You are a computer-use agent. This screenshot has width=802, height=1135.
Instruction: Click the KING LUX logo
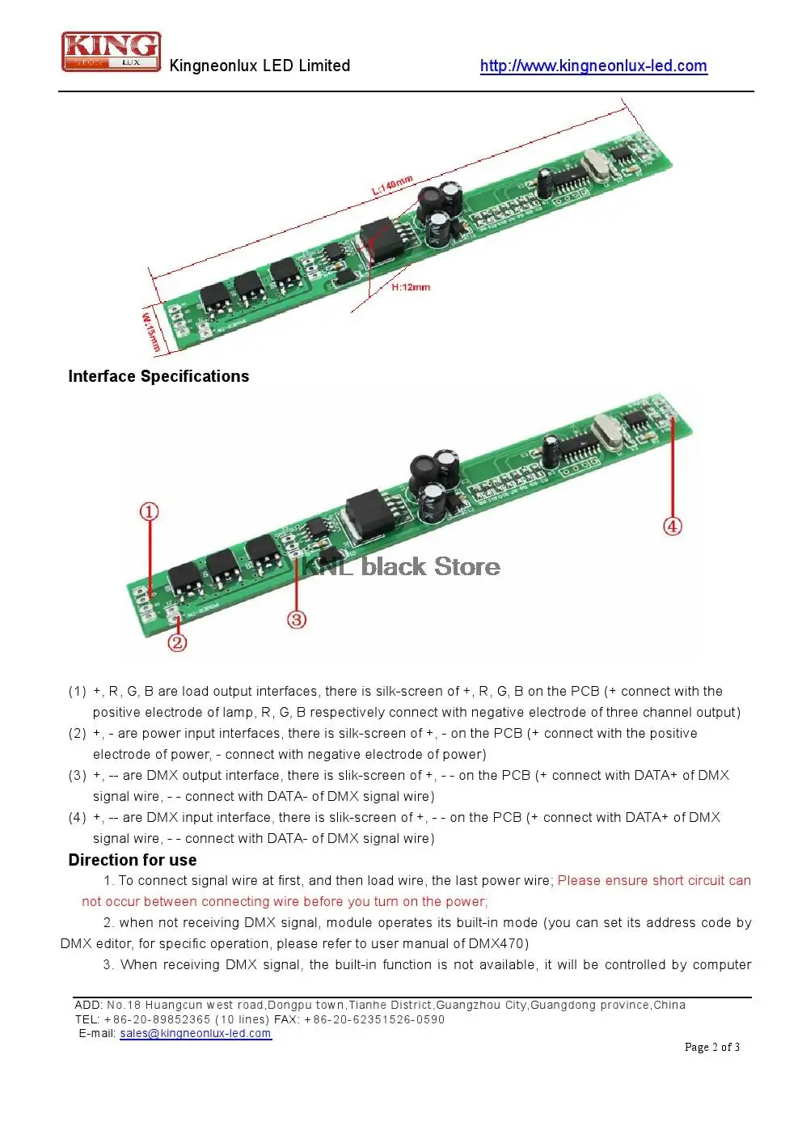[x=111, y=52]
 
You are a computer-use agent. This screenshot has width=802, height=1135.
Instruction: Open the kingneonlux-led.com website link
[x=593, y=66]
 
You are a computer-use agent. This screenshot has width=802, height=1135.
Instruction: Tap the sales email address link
[x=196, y=1033]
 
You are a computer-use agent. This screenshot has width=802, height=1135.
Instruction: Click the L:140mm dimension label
[x=392, y=185]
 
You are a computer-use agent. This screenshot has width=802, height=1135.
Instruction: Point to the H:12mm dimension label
[x=411, y=287]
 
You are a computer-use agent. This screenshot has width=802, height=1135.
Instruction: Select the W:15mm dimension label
[x=150, y=329]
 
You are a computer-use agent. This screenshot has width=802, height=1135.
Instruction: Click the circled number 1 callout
[x=149, y=511]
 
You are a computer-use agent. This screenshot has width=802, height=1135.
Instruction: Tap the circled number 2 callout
[x=177, y=643]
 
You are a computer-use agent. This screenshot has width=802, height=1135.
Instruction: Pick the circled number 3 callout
[x=297, y=620]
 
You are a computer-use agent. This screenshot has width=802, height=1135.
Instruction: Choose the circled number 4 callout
[x=673, y=526]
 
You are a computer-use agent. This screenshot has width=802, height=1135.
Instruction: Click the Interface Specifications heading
[x=158, y=376]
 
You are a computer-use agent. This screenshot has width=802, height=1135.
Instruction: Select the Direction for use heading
[x=133, y=860]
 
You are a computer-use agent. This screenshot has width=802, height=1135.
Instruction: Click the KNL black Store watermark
[x=400, y=566]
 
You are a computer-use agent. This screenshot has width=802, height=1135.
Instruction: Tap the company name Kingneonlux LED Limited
[x=260, y=66]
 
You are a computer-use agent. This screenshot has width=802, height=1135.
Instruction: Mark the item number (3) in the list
[x=78, y=776]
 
